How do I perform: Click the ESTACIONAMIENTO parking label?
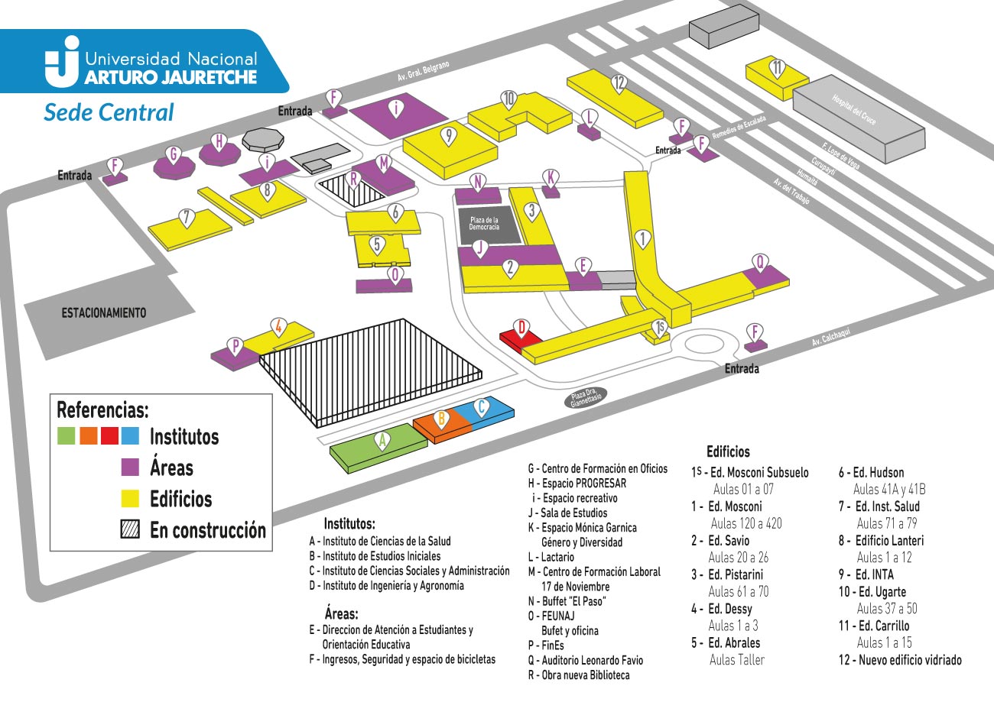point(104,313)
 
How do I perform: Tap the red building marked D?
point(519,339)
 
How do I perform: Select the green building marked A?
point(378,448)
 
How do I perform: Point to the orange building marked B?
point(442,427)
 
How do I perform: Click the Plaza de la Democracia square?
point(489,225)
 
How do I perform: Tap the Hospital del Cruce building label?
point(854,110)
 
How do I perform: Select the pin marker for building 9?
point(449,137)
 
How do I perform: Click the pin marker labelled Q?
point(760,263)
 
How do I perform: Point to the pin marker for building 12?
point(619,83)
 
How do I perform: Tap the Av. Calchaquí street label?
point(831,336)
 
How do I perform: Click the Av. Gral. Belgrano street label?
point(423,71)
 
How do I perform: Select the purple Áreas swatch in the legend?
point(130,467)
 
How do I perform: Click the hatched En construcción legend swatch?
point(130,529)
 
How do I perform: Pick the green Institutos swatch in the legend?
point(66,435)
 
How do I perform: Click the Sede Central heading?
point(109,112)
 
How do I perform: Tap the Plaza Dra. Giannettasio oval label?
point(585,398)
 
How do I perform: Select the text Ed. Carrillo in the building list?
point(883,626)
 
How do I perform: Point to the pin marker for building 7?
point(187,218)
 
